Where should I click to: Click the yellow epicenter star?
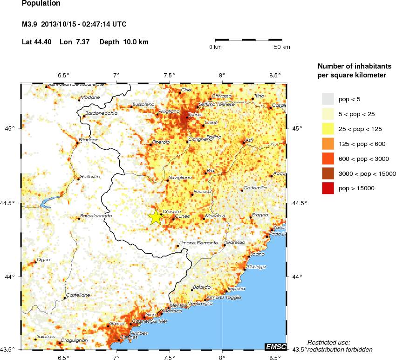(156, 217)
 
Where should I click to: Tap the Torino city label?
(194, 114)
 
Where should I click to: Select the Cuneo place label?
(182, 216)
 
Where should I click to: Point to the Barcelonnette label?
(96, 216)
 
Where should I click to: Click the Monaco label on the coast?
(167, 311)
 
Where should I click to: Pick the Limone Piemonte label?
(199, 243)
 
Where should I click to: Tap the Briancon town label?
(89, 140)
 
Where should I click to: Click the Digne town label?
(43, 259)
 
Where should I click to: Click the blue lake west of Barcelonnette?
(47, 203)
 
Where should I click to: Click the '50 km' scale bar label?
(282, 47)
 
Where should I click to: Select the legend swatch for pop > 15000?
(328, 188)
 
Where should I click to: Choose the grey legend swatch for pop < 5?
(328, 98)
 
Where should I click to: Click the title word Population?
(41, 3)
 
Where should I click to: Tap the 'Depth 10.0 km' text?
(124, 42)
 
